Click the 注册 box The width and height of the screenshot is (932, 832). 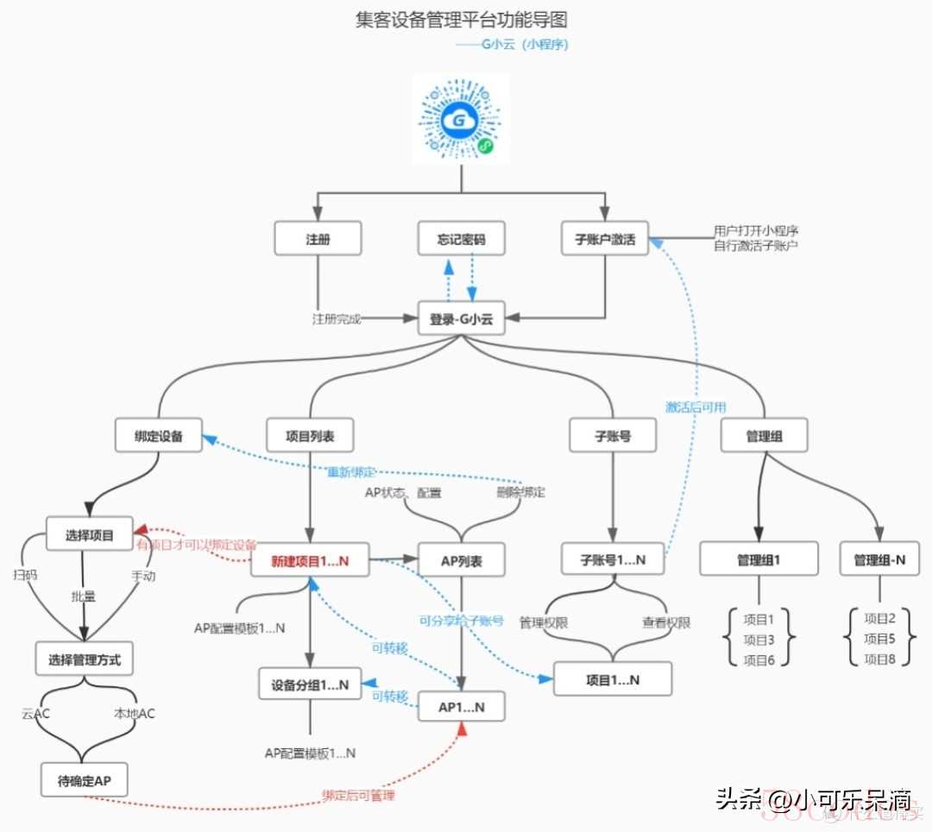click(318, 239)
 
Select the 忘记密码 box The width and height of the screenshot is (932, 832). click(461, 239)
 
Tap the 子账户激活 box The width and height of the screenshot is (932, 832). click(605, 239)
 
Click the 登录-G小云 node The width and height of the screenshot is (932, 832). click(461, 318)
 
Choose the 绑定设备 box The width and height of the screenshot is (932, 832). click(159, 436)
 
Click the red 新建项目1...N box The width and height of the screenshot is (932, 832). click(310, 561)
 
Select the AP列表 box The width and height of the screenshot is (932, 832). click(461, 561)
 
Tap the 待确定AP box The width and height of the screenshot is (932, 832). click(85, 781)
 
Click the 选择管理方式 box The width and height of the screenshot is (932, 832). click(85, 661)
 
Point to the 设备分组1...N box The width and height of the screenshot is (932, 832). click(310, 684)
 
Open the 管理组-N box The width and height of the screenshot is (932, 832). click(879, 560)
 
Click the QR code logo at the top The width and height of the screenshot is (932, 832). click(461, 119)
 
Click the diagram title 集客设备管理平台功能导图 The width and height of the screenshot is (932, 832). click(462, 20)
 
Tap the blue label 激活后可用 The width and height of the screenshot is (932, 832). click(696, 407)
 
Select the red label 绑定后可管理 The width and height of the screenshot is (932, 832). click(359, 795)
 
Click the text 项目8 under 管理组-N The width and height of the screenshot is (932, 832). click(879, 659)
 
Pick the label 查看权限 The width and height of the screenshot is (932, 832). click(666, 622)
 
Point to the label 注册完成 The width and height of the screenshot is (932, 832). click(337, 318)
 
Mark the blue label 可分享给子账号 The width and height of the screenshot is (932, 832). click(461, 620)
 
